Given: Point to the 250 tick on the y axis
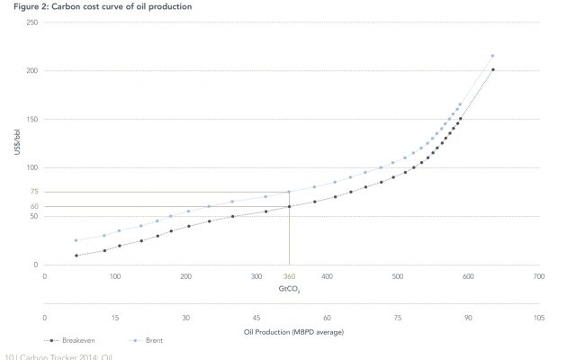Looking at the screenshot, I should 32,22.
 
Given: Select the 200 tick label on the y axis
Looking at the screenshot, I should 32,70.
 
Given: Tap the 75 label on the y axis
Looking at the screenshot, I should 34,192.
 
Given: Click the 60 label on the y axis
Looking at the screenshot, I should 34,206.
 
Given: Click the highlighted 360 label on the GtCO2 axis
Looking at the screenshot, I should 289,277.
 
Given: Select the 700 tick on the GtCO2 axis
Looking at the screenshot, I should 538,277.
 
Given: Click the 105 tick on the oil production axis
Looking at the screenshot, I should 538,319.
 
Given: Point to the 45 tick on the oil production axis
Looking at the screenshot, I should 256,319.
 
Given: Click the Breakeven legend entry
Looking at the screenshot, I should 76,342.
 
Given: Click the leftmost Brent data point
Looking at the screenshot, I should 76,240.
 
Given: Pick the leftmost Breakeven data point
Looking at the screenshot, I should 76,256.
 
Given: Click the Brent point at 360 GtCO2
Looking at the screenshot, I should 289,192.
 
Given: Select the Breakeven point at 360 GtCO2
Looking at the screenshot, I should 289,206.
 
